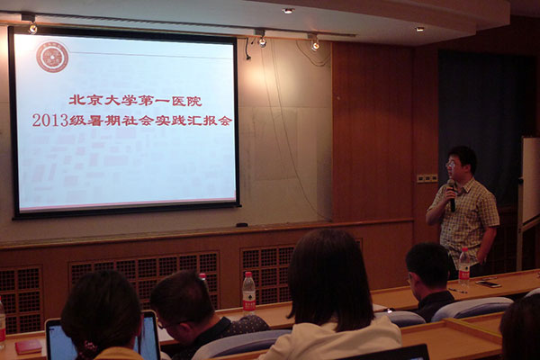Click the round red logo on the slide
point(52,57)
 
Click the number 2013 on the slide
point(50,121)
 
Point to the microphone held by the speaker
point(452,194)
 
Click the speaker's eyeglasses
point(451,165)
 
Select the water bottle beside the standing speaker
point(463,266)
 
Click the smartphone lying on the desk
point(488,283)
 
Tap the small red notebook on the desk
point(29,346)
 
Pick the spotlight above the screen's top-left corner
point(32,28)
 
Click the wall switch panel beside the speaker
point(427,178)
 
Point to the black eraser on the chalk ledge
point(242,225)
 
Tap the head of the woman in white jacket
point(329,275)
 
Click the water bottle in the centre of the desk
point(248,293)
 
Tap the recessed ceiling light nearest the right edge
point(419,29)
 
